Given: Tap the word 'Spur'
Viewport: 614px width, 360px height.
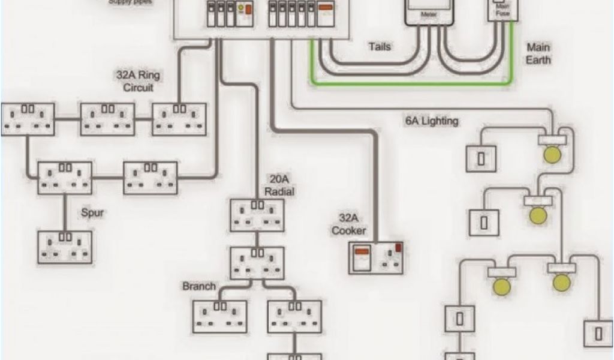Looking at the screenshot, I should click(x=92, y=212).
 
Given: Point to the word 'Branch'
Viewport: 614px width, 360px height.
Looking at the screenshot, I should click(x=199, y=286).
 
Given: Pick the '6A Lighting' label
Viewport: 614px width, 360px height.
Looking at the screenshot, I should click(x=432, y=121).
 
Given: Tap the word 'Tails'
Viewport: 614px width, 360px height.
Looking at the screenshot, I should click(x=380, y=46).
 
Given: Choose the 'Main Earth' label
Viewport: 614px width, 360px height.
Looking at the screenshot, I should click(x=538, y=53).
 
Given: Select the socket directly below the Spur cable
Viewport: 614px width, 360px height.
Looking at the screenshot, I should click(x=65, y=247).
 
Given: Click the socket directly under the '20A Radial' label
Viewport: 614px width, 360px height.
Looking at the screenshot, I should click(x=257, y=215).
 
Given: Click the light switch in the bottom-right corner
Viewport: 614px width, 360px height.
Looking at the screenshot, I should click(x=598, y=333).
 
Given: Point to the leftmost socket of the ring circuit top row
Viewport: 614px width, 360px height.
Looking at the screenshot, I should click(x=28, y=119).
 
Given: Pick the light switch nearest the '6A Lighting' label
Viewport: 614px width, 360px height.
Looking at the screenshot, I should click(x=481, y=158).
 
